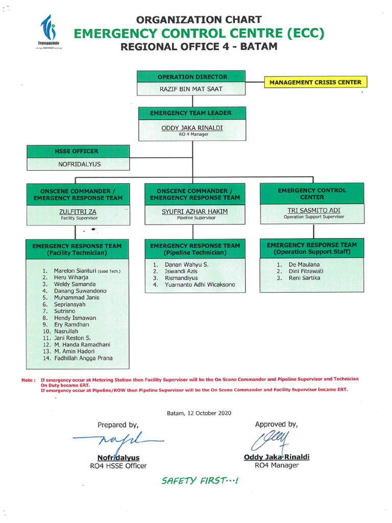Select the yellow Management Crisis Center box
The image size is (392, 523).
pos(315,82)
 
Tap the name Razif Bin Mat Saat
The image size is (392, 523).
pos(191,89)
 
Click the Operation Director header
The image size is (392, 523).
pos(191,77)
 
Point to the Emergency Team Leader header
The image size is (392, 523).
pos(191,113)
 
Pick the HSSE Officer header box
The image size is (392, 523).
pos(77,151)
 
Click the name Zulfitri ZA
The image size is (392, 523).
pos(78,211)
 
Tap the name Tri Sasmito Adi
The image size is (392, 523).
pos(313,210)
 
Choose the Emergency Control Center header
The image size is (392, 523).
pos(312,194)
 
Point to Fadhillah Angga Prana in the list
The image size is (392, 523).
pos(83,359)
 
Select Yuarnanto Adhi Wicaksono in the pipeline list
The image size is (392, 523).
pos(200,285)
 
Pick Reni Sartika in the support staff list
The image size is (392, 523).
pos(304,278)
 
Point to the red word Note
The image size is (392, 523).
pos(28,380)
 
